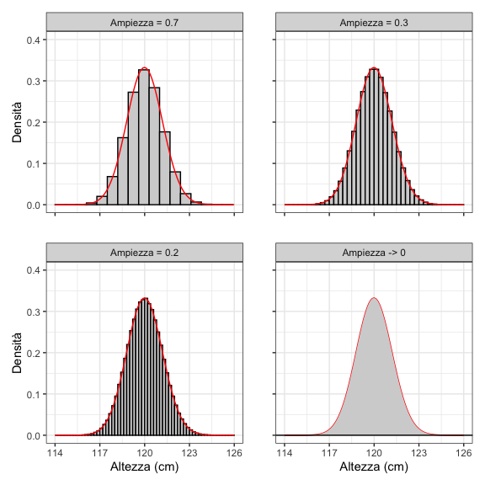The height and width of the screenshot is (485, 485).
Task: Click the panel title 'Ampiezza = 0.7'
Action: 145,22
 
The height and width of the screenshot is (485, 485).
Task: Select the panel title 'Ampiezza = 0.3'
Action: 375,22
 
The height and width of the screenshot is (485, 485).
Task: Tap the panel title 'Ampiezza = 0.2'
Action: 145,253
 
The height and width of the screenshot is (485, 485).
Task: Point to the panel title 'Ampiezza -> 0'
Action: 375,253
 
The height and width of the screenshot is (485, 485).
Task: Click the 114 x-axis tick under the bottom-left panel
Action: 56,452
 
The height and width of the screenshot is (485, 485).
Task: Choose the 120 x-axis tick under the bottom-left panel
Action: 145,452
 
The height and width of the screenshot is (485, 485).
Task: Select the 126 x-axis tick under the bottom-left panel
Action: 234,452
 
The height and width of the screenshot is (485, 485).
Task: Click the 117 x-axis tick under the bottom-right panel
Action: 330,452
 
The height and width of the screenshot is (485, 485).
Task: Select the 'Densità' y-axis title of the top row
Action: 16,122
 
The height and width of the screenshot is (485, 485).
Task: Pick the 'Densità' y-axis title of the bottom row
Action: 16,353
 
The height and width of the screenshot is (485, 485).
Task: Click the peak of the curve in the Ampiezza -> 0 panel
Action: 375,298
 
